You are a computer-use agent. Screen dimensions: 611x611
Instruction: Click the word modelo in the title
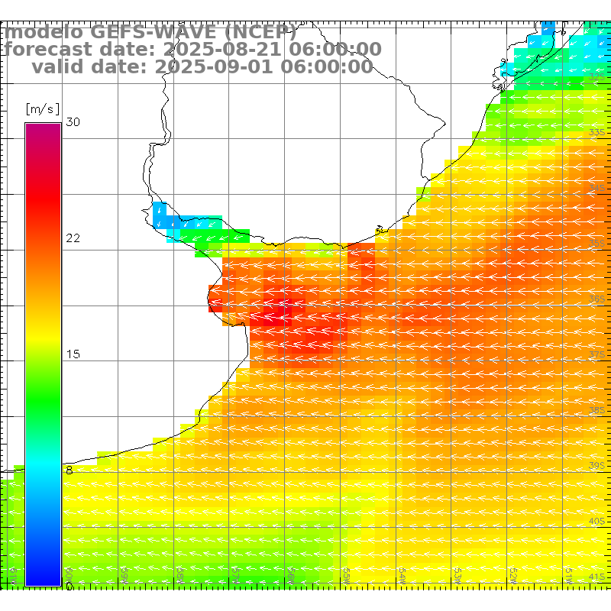[44, 33]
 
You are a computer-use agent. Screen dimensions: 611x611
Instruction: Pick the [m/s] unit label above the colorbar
[42, 108]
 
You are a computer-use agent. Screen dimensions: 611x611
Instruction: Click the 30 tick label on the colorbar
[73, 122]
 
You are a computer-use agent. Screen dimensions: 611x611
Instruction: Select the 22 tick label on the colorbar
[73, 238]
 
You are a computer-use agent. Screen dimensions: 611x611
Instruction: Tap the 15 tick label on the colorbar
[73, 354]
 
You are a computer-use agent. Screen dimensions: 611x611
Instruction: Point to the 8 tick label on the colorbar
[70, 470]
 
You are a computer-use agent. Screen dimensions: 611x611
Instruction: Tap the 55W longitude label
[346, 573]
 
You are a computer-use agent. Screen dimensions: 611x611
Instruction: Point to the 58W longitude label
[180, 573]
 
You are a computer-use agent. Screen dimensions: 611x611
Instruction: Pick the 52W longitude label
[512, 573]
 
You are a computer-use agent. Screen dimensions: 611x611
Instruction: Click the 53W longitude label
[457, 573]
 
